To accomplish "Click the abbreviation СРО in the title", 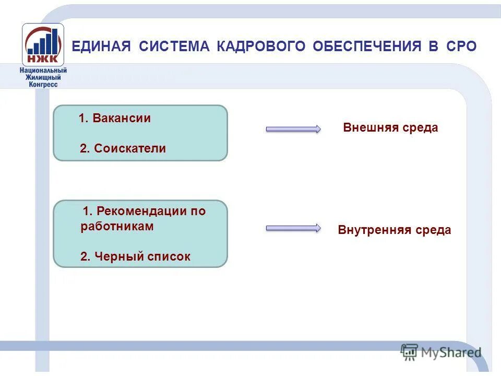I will coord(461,46).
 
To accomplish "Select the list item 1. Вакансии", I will coord(115,119).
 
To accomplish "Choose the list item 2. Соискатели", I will coord(123,148).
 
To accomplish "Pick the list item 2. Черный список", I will coord(135,256).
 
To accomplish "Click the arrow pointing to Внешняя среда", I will coord(293,129).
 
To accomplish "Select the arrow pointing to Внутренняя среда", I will coord(293,228).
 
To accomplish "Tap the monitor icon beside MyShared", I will coord(409,352).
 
